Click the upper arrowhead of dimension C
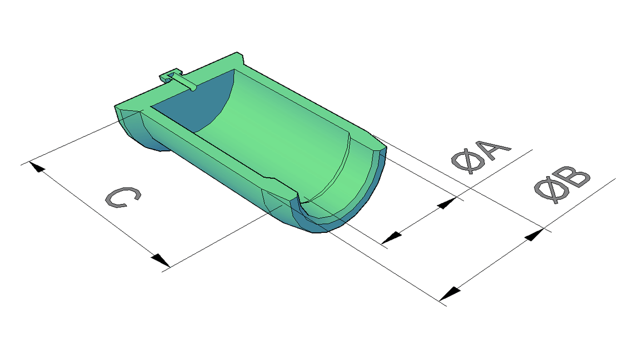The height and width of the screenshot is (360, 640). point(37,167)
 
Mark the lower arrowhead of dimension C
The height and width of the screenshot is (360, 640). point(160,260)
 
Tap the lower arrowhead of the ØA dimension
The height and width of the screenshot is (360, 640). point(391,238)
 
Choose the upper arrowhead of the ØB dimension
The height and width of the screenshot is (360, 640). point(535,235)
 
